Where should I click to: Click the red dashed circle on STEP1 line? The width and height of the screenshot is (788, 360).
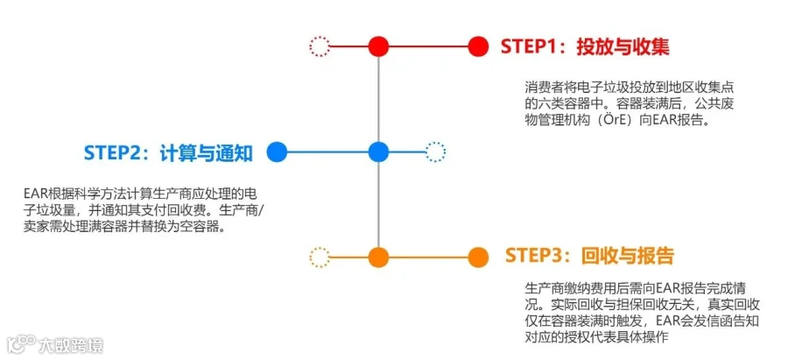[x=320, y=46]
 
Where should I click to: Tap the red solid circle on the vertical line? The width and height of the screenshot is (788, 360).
[x=378, y=46]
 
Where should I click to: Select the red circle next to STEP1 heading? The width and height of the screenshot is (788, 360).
[x=477, y=46]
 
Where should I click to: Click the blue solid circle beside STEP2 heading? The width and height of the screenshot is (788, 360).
[x=277, y=152]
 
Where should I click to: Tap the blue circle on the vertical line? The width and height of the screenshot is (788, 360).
[x=378, y=152]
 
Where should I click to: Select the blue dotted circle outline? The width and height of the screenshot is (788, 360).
[x=435, y=152]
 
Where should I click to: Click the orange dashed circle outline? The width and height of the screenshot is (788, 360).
[x=320, y=258]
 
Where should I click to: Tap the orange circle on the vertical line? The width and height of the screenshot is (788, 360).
[x=378, y=258]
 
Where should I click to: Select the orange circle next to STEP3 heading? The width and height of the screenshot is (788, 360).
[x=477, y=258]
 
